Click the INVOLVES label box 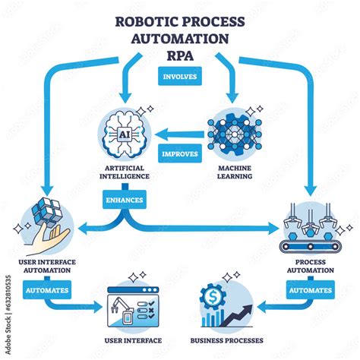(180, 77)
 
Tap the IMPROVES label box (180, 153)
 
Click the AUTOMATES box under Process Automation (310, 290)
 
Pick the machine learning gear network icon (235, 133)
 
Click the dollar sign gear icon (212, 294)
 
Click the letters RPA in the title (180, 57)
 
